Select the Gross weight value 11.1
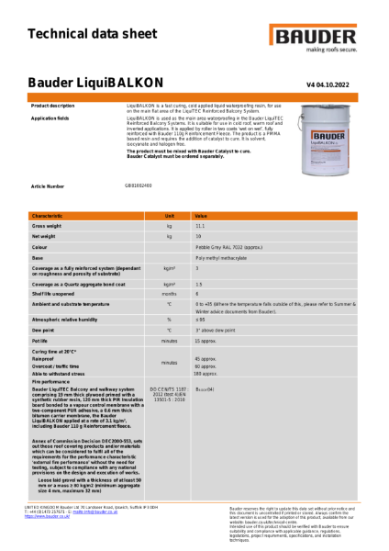pyautogui.click(x=200, y=225)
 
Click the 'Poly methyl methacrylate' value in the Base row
pyautogui.click(x=220, y=258)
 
